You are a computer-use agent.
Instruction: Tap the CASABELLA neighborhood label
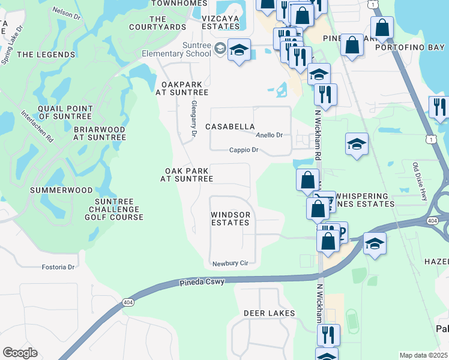click(x=230, y=127)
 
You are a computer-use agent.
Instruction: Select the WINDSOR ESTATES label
click(x=230, y=218)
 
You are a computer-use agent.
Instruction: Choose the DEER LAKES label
click(x=269, y=313)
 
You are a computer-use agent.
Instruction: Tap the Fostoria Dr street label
click(x=58, y=267)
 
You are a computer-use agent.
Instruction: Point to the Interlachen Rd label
click(x=37, y=126)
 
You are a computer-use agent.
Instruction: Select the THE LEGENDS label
click(x=46, y=55)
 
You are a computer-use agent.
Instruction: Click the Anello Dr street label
click(x=270, y=136)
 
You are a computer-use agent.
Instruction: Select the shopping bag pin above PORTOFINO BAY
click(x=382, y=28)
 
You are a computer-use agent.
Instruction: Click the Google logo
click(x=20, y=353)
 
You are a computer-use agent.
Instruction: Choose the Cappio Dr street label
click(x=244, y=150)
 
